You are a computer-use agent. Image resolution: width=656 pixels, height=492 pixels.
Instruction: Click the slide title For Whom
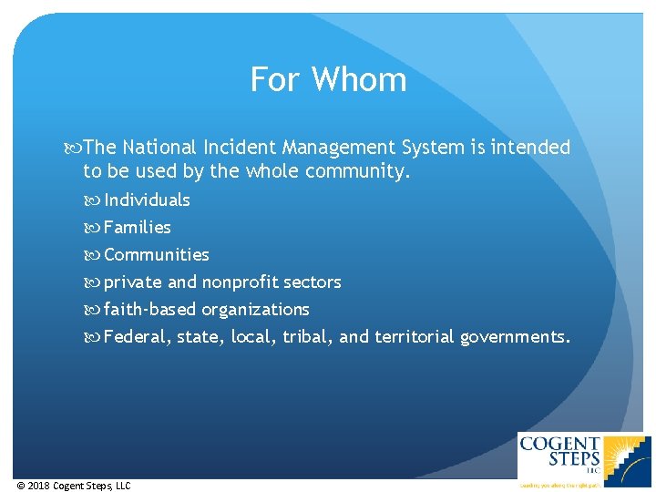pyautogui.click(x=328, y=80)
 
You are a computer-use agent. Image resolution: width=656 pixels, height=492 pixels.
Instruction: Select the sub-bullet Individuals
pyautogui.click(x=147, y=200)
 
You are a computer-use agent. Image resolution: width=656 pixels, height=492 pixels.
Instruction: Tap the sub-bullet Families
pyautogui.click(x=138, y=228)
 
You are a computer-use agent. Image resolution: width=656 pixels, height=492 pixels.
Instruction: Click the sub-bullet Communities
pyautogui.click(x=157, y=255)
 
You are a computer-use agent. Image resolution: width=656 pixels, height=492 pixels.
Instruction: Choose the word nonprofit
pyautogui.click(x=239, y=282)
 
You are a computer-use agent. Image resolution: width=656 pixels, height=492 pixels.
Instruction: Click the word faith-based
pyautogui.click(x=149, y=310)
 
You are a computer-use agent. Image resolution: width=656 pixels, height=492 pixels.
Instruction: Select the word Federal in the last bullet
pyautogui.click(x=136, y=337)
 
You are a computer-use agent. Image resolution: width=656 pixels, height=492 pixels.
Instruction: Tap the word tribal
pyautogui.click(x=307, y=337)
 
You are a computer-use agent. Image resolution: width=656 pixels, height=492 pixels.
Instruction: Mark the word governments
pyautogui.click(x=516, y=337)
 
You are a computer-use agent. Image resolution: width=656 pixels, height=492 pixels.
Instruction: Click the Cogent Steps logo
pyautogui.click(x=584, y=460)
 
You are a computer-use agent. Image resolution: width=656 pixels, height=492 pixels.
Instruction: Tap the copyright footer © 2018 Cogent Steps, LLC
pyautogui.click(x=74, y=486)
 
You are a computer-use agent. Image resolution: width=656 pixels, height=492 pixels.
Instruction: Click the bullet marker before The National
pyautogui.click(x=74, y=148)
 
